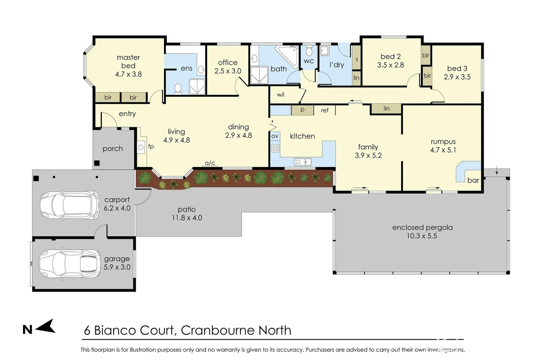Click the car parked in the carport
pos(69,205)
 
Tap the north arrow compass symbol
pos(46,326)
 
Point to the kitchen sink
pos(303,162)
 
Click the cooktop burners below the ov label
pos(275,148)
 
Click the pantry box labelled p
pos(302,110)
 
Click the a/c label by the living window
pos(210,163)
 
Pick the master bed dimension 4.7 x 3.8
pos(128,74)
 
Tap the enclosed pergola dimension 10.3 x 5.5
pos(422,236)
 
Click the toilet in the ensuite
pos(178,89)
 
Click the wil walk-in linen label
pos(281,95)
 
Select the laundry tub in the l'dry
pos(324,51)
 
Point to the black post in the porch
pos(97,163)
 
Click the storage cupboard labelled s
pos(357,59)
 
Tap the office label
pos(228,63)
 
